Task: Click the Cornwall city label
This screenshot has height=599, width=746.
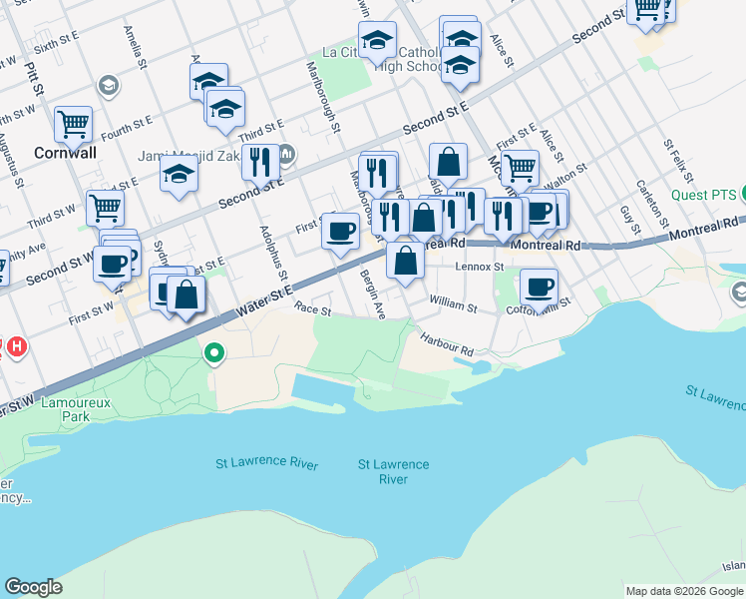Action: click(x=65, y=154)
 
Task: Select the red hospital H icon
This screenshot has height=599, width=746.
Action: click(x=16, y=347)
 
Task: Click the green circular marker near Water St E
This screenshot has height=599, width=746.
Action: click(x=214, y=352)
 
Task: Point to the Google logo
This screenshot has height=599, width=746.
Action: click(x=33, y=587)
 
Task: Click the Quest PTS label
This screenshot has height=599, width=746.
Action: click(x=702, y=195)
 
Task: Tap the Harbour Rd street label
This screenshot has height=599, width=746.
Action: click(x=446, y=344)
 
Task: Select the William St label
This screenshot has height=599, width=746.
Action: click(x=454, y=299)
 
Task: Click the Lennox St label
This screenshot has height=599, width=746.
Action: click(x=480, y=267)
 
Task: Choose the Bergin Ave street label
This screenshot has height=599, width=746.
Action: click(x=372, y=294)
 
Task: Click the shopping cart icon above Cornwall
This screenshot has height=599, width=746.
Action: click(x=73, y=124)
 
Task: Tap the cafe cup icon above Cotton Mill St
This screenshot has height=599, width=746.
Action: click(x=539, y=287)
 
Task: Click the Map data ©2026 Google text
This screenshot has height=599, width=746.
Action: click(x=684, y=591)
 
